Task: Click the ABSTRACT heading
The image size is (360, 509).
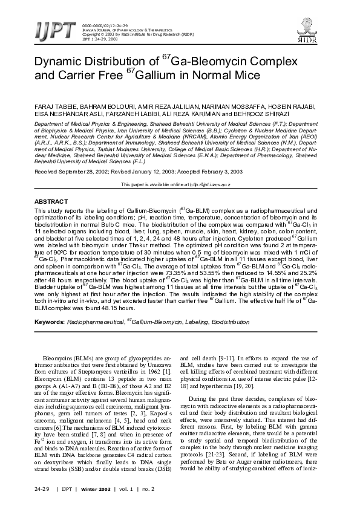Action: pos(50,200)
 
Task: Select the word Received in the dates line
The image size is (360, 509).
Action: pos(46,172)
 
